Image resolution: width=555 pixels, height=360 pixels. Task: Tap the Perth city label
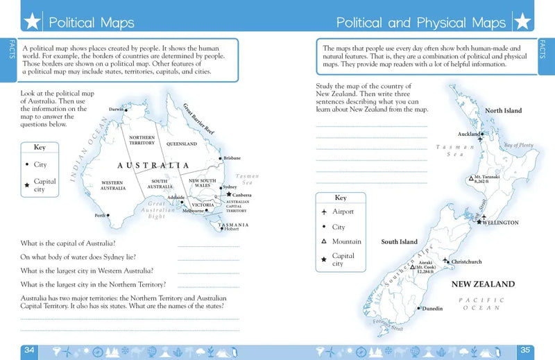[x=101, y=216]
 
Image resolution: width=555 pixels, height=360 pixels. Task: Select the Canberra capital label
[x=241, y=195]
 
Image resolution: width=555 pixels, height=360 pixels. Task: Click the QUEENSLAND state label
[x=181, y=144]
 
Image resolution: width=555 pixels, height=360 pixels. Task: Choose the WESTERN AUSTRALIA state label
[x=112, y=185]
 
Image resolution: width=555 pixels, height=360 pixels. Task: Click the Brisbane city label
[x=232, y=158]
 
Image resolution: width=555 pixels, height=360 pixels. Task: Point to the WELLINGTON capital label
[x=502, y=223]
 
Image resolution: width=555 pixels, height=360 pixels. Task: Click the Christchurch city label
[x=466, y=262]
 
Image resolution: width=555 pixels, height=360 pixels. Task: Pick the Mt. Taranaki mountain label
[x=486, y=180]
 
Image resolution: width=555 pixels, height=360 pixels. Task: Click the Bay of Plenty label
[x=518, y=145]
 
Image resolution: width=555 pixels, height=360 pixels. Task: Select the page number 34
[x=29, y=350]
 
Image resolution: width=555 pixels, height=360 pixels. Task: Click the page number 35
[x=525, y=350]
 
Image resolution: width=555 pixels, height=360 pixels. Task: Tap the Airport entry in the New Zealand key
[x=343, y=212]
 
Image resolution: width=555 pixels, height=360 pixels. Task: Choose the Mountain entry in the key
[x=346, y=241]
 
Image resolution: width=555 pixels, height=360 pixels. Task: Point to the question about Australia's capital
[x=68, y=243]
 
